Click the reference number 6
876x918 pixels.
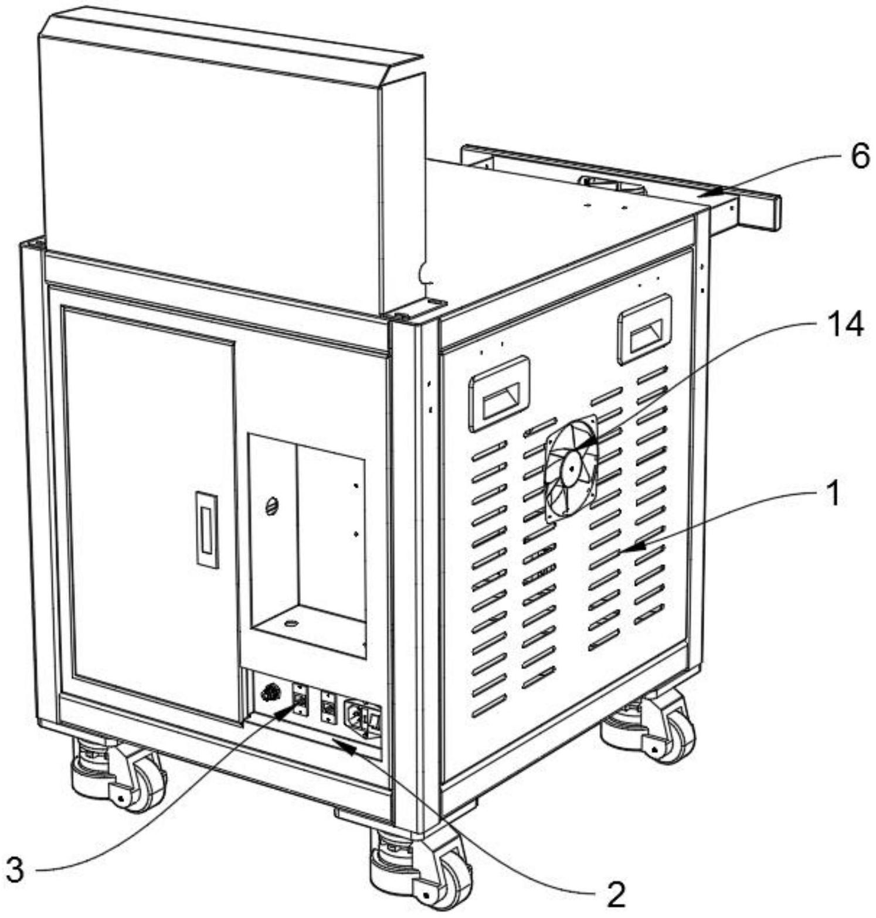coord(860,157)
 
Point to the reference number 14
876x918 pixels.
coord(844,324)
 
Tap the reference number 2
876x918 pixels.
coord(614,894)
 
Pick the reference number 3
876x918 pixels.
coord(15,869)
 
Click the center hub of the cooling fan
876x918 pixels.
coord(570,468)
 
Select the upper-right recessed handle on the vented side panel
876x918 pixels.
coord(644,329)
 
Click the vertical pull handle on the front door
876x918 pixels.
coord(206,530)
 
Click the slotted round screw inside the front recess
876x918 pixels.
coord(271,505)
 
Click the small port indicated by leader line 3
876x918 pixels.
coord(299,699)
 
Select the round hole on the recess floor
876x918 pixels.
coord(289,623)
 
